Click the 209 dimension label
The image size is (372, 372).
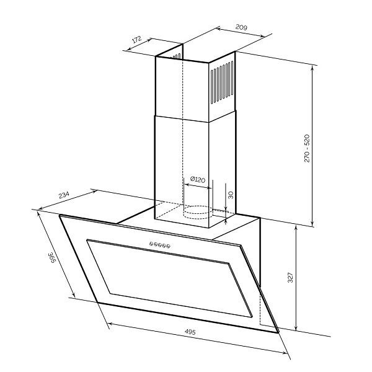point(241,27)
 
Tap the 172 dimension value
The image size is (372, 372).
point(136,39)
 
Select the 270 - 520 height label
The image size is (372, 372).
point(307,148)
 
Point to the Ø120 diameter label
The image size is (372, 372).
point(198,179)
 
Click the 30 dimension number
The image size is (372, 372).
point(231,195)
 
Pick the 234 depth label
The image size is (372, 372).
point(64,195)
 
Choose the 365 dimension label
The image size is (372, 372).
point(51,258)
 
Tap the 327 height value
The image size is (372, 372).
point(290,278)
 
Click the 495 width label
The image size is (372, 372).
point(190,332)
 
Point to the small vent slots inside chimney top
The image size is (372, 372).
point(177,56)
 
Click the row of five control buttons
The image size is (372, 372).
point(160,245)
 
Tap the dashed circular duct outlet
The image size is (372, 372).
point(198,212)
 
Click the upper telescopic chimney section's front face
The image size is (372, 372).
point(182,89)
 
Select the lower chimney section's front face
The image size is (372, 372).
point(182,172)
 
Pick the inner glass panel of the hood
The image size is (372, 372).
point(169,278)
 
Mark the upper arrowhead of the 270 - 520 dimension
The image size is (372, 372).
point(312,67)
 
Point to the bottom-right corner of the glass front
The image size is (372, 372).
point(278,332)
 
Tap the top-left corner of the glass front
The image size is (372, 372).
point(60,215)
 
